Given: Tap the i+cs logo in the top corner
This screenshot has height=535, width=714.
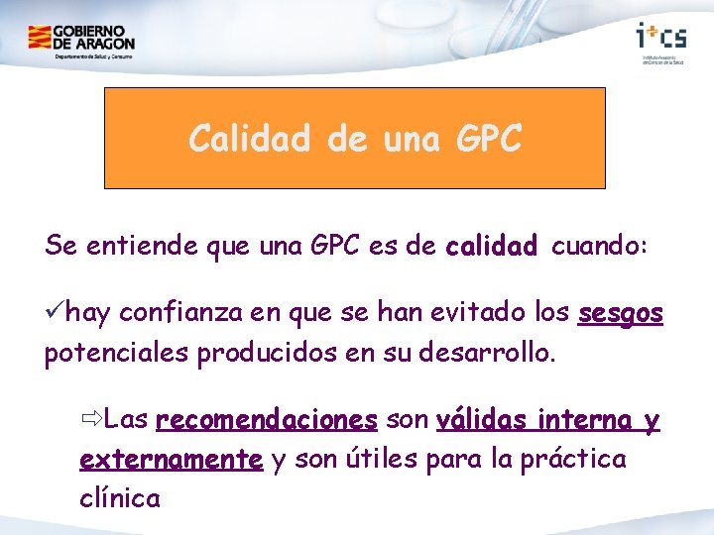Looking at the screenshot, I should click(x=660, y=37).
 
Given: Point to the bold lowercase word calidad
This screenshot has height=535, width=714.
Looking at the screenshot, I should click(x=492, y=246).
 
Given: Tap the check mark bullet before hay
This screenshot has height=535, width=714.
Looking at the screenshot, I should click(x=57, y=314).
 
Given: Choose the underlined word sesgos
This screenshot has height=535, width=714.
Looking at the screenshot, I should click(x=620, y=315).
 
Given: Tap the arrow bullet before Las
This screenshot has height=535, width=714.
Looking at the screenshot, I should click(x=90, y=420).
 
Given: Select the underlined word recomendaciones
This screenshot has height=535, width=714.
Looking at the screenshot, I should click(x=267, y=421).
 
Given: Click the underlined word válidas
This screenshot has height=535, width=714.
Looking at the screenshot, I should click(x=482, y=421).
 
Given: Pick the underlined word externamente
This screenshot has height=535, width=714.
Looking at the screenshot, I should click(x=171, y=459).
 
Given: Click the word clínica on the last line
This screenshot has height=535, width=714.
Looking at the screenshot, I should click(x=119, y=496).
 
